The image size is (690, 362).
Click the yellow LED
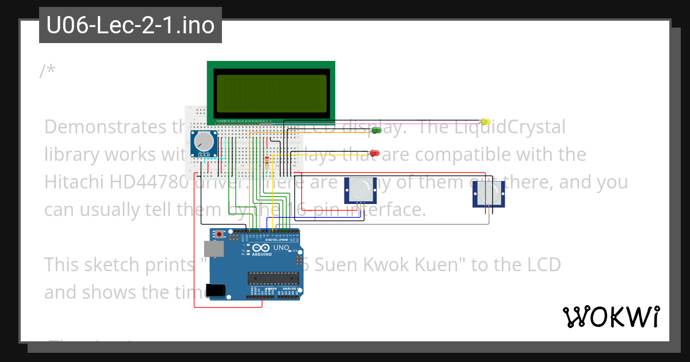(x=485, y=122)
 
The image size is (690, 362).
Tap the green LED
(x=377, y=130)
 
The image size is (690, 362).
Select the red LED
(x=374, y=153)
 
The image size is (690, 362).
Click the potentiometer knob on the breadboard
(x=204, y=141)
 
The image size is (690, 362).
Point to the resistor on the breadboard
(x=267, y=161)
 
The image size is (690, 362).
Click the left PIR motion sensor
(x=360, y=190)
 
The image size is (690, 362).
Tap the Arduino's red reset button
(x=220, y=234)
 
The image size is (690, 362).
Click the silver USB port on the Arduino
(x=213, y=248)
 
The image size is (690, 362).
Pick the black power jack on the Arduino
(x=215, y=291)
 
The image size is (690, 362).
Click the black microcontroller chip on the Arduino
(x=273, y=279)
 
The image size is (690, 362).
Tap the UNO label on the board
(x=281, y=248)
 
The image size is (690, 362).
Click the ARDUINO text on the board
(x=262, y=253)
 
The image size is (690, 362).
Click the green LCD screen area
(x=271, y=92)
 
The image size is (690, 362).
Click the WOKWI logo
(x=611, y=317)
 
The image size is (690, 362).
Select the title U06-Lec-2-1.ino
(x=131, y=25)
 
